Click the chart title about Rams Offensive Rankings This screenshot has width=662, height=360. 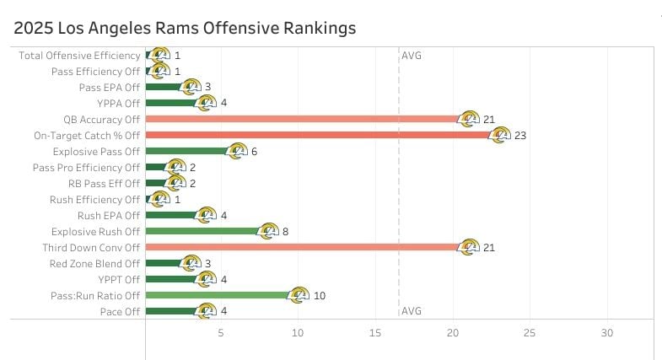[185, 28]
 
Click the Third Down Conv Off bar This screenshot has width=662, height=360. [299, 247]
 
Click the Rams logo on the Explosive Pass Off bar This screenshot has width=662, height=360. [238, 151]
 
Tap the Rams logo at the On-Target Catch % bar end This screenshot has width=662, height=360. [500, 135]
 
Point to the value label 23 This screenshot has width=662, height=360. [519, 135]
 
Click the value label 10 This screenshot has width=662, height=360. [319, 296]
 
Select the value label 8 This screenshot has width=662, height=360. [286, 231]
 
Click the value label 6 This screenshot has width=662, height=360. [254, 151]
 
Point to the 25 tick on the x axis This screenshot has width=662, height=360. [530, 333]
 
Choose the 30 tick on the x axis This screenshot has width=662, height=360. [606, 333]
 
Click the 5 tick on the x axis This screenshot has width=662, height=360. [221, 333]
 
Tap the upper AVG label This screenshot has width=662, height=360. [412, 56]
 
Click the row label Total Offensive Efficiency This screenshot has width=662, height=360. [79, 55]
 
